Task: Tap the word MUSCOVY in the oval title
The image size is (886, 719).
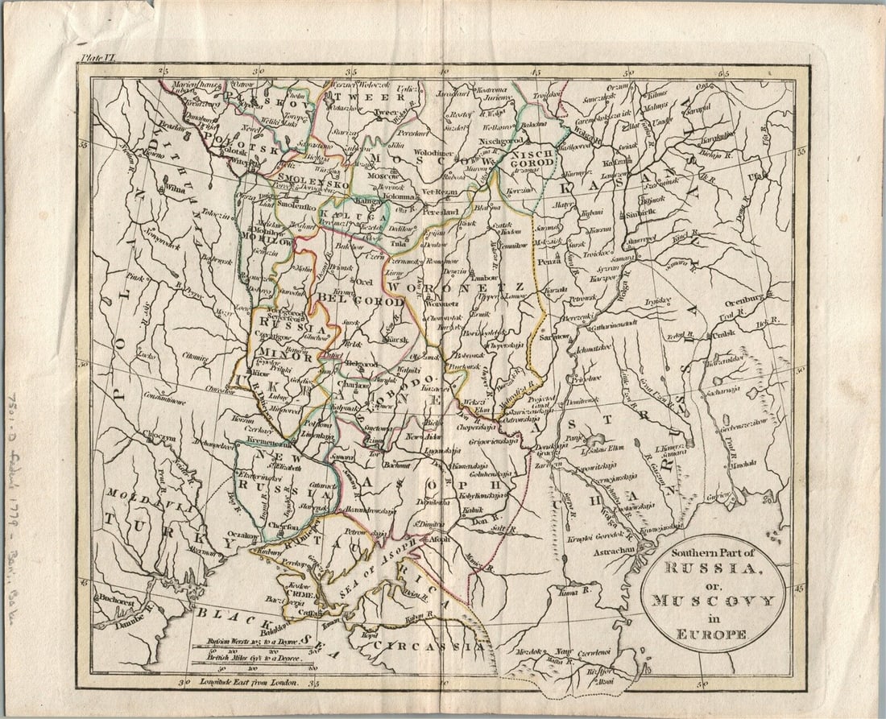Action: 713,601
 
